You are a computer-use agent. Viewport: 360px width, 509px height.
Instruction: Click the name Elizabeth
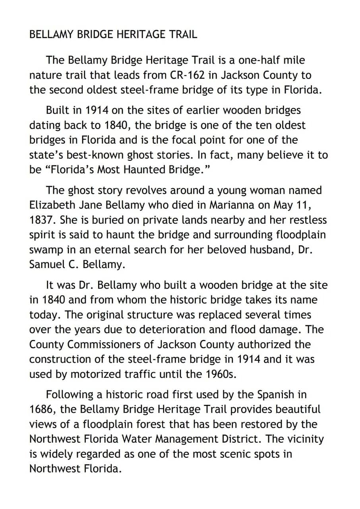pos(52,205)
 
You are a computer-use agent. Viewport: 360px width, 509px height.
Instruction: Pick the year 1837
pos(42,220)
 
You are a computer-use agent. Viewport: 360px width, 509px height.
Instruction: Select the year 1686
pos(41,409)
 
